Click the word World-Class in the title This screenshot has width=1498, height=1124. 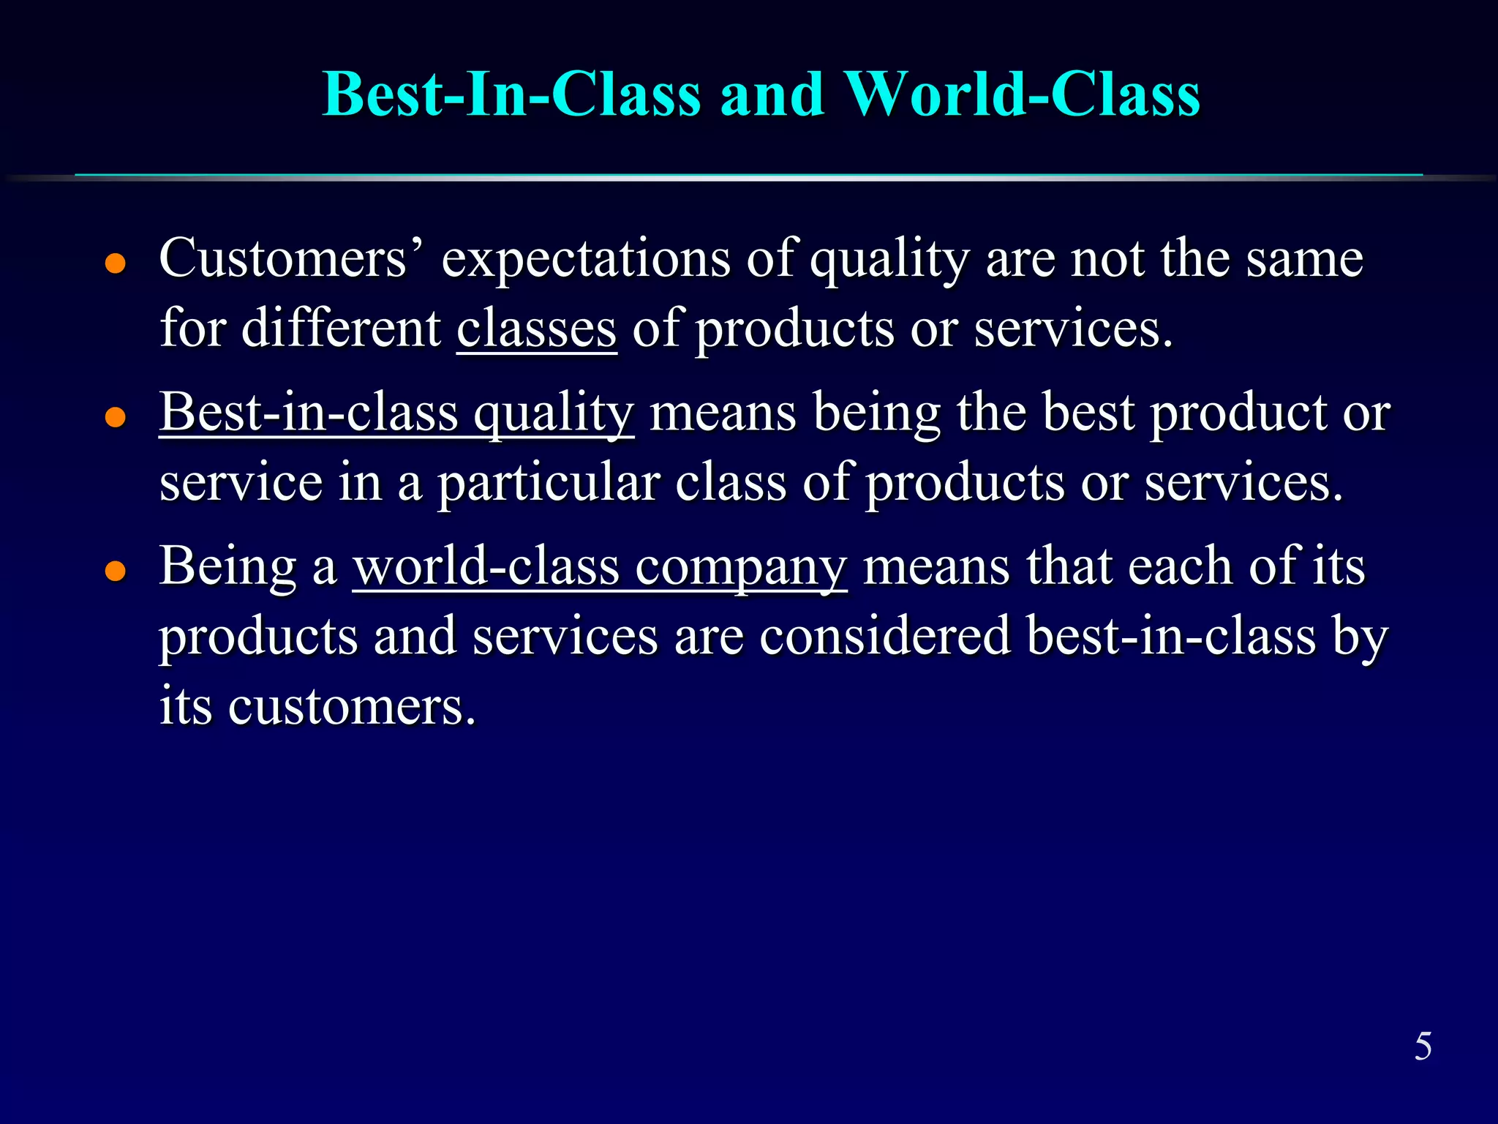[1022, 94]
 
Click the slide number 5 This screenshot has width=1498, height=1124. [1423, 1046]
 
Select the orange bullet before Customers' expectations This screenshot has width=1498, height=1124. [116, 263]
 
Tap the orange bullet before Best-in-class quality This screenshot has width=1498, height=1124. [116, 417]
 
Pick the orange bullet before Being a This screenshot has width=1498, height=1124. [116, 571]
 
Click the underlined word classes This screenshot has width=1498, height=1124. [536, 329]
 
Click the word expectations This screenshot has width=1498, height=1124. [586, 261]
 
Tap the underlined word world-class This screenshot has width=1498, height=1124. [486, 566]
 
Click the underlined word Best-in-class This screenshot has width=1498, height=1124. [309, 413]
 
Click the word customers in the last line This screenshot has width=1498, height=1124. [352, 707]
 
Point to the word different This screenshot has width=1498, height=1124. [341, 328]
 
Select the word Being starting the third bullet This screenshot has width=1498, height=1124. [228, 568]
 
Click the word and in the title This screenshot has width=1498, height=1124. [772, 94]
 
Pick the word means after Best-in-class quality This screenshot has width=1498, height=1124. [723, 414]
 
